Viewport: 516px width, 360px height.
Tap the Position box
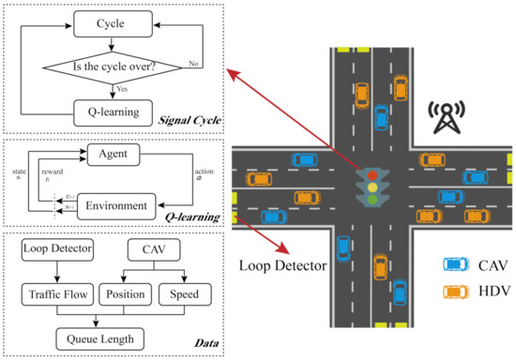(127, 295)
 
